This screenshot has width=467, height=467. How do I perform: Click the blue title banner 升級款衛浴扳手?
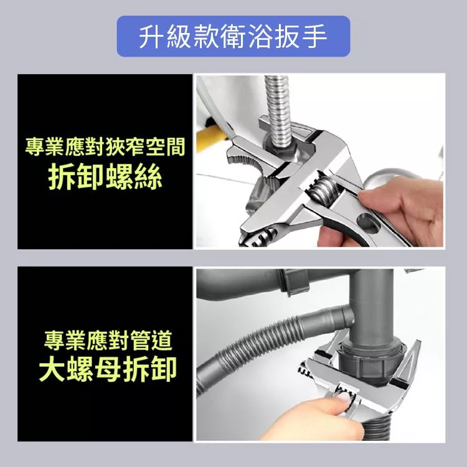233,36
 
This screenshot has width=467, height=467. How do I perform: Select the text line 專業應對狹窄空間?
105,146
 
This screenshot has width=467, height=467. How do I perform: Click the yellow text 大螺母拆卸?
108,369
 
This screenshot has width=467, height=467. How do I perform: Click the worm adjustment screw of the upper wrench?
323,191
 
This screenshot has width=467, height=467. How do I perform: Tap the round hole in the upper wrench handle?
369,224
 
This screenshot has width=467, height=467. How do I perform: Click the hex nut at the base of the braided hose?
280,148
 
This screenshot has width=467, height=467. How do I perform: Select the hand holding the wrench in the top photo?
396,212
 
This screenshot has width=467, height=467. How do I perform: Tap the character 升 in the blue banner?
152,36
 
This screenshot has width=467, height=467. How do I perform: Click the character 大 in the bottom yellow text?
52,369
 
